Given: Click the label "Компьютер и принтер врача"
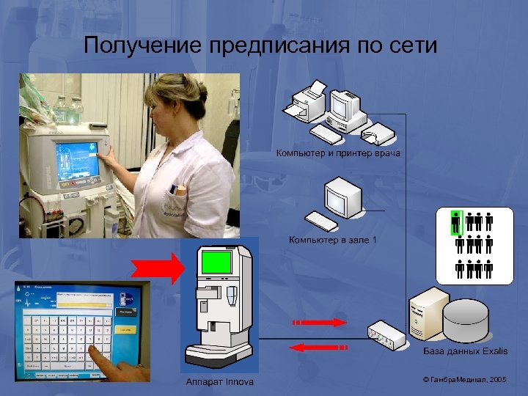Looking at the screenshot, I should coord(338,153).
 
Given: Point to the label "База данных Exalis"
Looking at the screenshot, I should coord(465,351).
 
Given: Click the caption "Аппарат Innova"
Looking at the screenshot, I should coord(219,381).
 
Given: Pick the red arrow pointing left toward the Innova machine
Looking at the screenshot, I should coord(318,347).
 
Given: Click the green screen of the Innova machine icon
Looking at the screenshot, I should coord(216,262).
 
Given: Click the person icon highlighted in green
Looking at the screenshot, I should coord(455,222).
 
